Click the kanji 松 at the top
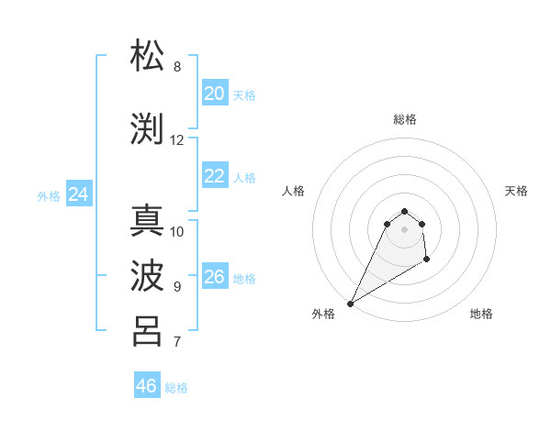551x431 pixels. click(148, 56)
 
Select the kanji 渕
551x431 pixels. click(148, 128)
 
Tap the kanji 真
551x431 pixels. click(148, 220)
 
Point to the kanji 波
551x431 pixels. click(148, 274)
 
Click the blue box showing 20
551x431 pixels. click(215, 94)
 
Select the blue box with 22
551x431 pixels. click(215, 176)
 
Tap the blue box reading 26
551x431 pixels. click(215, 277)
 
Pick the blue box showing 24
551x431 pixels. click(79, 194)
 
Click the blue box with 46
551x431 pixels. click(147, 386)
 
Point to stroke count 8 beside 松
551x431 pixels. click(177, 67)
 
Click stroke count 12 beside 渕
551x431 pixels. click(177, 140)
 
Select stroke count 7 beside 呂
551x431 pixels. click(177, 342)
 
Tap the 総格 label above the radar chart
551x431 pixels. click(404, 119)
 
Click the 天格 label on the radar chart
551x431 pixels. click(516, 191)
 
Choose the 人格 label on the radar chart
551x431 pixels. click(293, 191)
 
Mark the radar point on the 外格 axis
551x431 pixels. click(350, 304)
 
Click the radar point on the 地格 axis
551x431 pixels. click(427, 260)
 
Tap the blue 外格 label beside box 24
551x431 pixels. click(49, 195)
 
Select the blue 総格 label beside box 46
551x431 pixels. click(176, 388)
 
